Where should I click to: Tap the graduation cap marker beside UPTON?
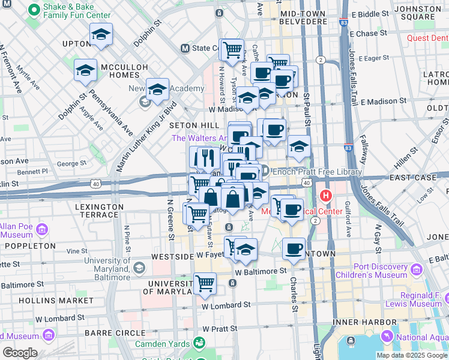click(x=101, y=35)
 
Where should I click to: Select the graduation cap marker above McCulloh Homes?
click(x=86, y=70)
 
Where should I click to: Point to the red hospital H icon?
click(x=326, y=196)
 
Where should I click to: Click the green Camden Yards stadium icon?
click(x=199, y=342)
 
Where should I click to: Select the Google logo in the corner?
click(x=20, y=353)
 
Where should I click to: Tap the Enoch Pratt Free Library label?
click(x=317, y=172)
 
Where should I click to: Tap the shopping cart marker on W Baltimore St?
click(x=205, y=283)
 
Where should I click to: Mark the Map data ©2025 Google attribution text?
click(x=411, y=355)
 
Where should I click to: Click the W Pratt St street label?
click(x=220, y=329)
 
